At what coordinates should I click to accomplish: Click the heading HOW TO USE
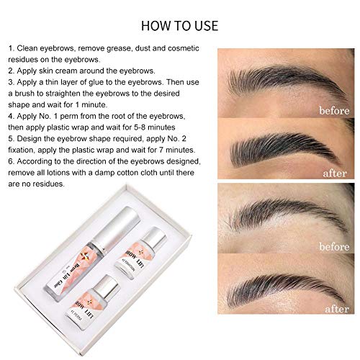pos(179,27)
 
